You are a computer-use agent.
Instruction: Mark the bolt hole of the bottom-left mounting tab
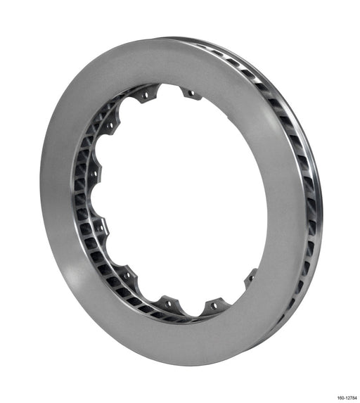click(x=167, y=306)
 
